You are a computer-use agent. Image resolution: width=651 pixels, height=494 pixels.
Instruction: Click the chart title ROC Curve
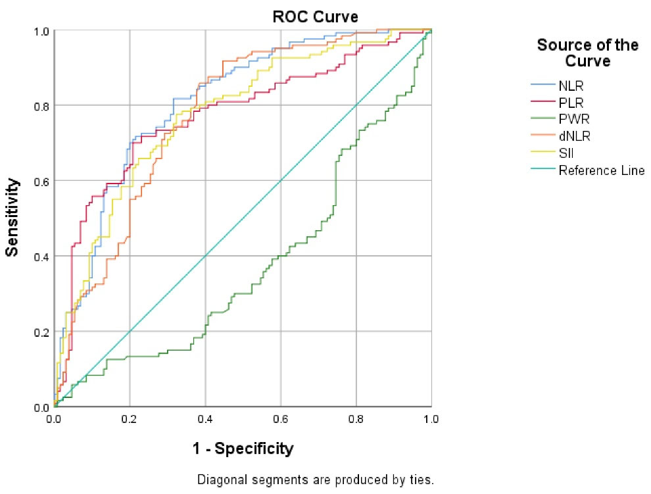pyautogui.click(x=316, y=16)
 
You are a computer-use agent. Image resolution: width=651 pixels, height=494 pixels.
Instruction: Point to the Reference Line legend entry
pyautogui.click(x=601, y=171)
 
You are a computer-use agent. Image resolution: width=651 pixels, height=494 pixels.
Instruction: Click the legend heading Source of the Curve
pyautogui.click(x=587, y=53)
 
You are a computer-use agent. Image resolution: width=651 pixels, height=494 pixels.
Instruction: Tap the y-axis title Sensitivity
pyautogui.click(x=12, y=217)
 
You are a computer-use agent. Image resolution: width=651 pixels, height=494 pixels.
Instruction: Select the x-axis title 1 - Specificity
pyautogui.click(x=243, y=449)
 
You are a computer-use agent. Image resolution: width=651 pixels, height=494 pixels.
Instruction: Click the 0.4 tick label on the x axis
pyautogui.click(x=205, y=418)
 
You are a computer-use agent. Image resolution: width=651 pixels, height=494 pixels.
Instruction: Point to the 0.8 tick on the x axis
pyautogui.click(x=356, y=418)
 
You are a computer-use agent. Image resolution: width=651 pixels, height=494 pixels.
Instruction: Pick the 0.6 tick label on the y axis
pyautogui.click(x=43, y=180)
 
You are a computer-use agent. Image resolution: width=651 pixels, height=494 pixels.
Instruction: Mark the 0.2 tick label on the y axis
pyautogui.click(x=43, y=331)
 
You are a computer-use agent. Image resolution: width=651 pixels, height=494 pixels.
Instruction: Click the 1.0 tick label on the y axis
pyautogui.click(x=43, y=30)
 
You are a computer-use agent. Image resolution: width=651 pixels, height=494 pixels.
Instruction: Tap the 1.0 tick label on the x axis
pyautogui.click(x=431, y=418)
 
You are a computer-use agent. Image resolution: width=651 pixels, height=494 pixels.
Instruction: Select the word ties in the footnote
pyautogui.click(x=422, y=480)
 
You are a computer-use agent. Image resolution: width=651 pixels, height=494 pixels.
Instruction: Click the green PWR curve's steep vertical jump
pyautogui.click(x=335, y=184)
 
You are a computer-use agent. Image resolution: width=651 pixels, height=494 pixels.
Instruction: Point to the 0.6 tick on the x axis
pyautogui.click(x=281, y=418)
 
